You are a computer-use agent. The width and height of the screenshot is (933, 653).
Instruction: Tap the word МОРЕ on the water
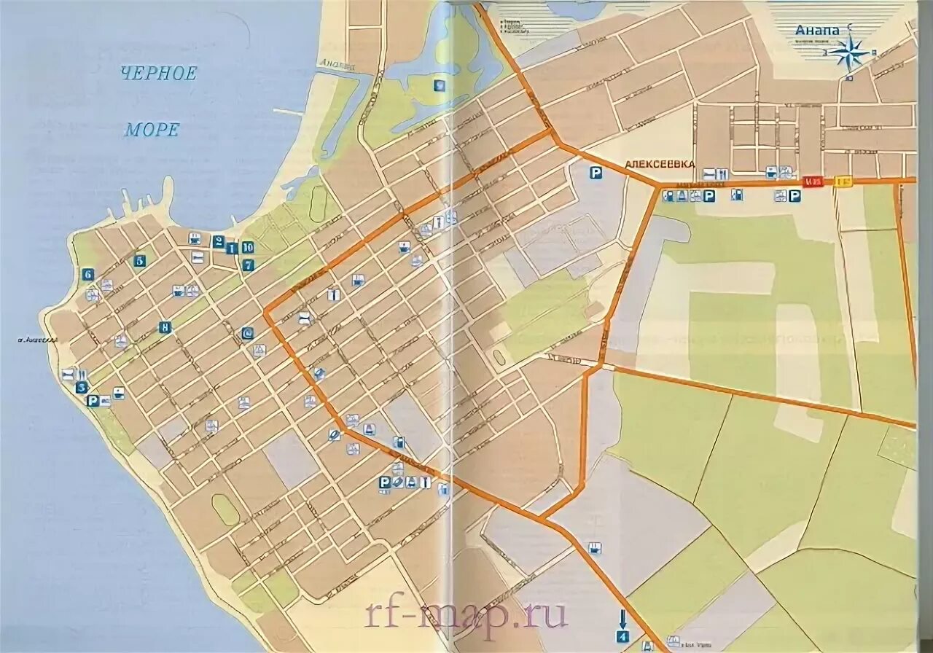point(152,130)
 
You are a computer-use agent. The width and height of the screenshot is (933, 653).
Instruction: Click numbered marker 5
point(140,260)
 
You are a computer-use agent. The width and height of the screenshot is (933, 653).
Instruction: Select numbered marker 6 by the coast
point(87,275)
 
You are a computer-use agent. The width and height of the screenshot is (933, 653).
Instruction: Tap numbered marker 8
point(165,327)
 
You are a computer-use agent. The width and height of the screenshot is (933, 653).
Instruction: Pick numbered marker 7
point(248,265)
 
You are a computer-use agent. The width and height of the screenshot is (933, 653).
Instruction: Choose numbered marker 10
point(247,247)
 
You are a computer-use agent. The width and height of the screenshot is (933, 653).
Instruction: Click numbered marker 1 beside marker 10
point(233,248)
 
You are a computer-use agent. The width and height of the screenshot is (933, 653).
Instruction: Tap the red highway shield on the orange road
point(813,181)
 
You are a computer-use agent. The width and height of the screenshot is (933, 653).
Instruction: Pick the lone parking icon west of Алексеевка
point(596,173)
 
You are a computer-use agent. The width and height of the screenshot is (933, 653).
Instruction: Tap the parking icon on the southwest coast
point(93,400)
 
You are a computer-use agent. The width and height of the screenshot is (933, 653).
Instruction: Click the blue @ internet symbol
point(248,333)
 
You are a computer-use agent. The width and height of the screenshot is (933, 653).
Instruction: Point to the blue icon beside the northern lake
point(439,85)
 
